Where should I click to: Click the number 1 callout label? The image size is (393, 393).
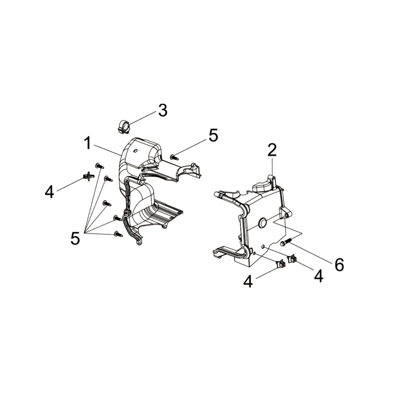point(88,143)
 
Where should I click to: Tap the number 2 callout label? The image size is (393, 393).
point(272,150)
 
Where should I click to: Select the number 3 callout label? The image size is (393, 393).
point(163,110)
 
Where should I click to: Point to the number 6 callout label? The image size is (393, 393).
point(340,265)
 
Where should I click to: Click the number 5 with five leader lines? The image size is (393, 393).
point(75,238)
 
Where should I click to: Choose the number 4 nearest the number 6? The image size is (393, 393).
point(318,276)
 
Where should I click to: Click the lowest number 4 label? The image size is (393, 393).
point(248,281)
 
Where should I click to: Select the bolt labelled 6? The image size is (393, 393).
point(286,242)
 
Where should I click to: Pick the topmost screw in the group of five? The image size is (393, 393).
point(99,166)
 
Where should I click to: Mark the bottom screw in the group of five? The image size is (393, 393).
point(118,234)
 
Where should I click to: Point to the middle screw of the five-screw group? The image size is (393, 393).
point(107,203)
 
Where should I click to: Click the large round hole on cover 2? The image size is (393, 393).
point(262,222)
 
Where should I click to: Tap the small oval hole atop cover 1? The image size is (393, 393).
point(136,151)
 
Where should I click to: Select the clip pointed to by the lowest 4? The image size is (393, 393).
point(280,264)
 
